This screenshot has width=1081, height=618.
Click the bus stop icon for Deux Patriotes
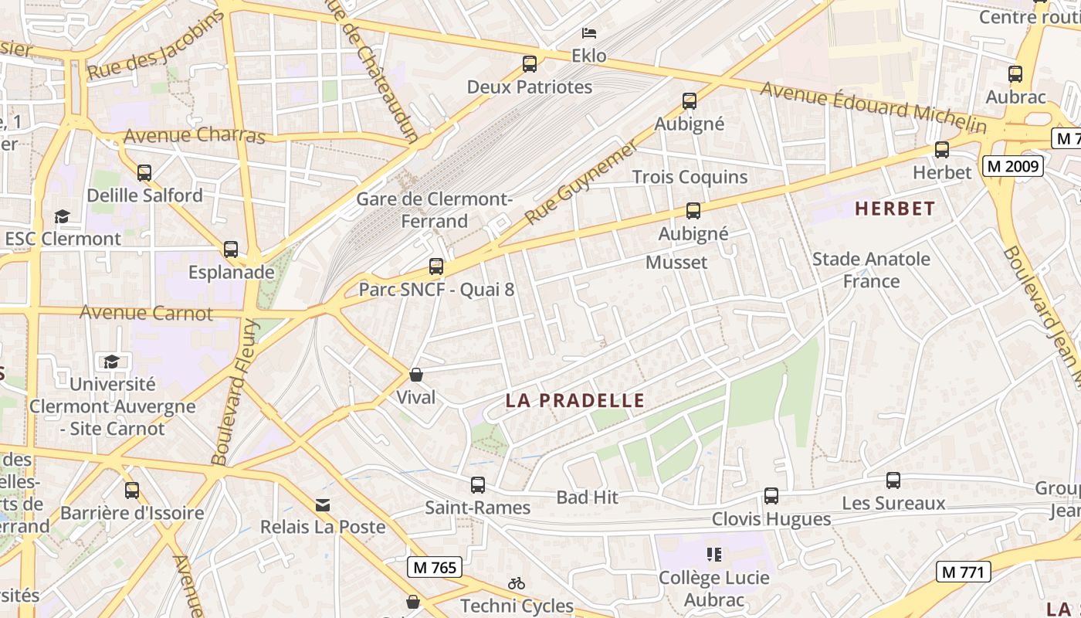530,64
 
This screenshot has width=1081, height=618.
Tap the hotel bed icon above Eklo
589,33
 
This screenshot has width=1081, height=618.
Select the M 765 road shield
435,567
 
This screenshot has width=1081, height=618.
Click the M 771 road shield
964,572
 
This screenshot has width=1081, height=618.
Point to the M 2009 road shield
1013,165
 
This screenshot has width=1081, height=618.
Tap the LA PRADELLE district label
574,400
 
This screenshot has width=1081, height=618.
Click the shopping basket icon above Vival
416,375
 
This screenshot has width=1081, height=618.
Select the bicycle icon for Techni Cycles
517,583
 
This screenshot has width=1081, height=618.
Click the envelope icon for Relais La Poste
323,504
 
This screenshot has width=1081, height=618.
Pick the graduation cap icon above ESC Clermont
62,216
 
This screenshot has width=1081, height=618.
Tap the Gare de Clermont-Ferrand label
434,210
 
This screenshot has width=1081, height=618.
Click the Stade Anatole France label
871,270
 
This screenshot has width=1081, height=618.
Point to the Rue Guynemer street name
582,182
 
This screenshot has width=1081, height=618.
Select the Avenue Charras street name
194,136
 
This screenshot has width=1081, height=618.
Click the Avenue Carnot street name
146,313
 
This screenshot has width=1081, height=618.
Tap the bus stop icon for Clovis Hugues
771,496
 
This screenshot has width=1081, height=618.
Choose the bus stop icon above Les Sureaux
893,480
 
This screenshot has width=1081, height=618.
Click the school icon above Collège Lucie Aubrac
713,554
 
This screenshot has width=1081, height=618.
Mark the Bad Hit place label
588,497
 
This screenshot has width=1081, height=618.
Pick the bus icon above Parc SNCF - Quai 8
436,267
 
